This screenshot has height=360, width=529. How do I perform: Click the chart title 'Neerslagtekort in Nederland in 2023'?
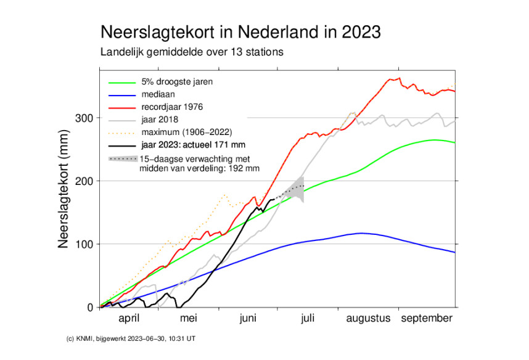[240, 31]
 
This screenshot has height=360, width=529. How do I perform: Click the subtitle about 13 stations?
[192, 52]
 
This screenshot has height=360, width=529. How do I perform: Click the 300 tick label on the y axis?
[85, 118]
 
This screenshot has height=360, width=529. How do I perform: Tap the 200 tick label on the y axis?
[85, 181]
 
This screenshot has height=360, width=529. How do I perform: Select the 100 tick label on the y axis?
[85, 245]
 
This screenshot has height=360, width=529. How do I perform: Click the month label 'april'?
[129, 319]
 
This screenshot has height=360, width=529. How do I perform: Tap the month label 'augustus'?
[369, 319]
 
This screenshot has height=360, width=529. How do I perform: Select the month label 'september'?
[427, 319]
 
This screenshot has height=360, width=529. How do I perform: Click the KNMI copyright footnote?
[132, 338]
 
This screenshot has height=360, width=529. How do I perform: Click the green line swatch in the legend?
[121, 82]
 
